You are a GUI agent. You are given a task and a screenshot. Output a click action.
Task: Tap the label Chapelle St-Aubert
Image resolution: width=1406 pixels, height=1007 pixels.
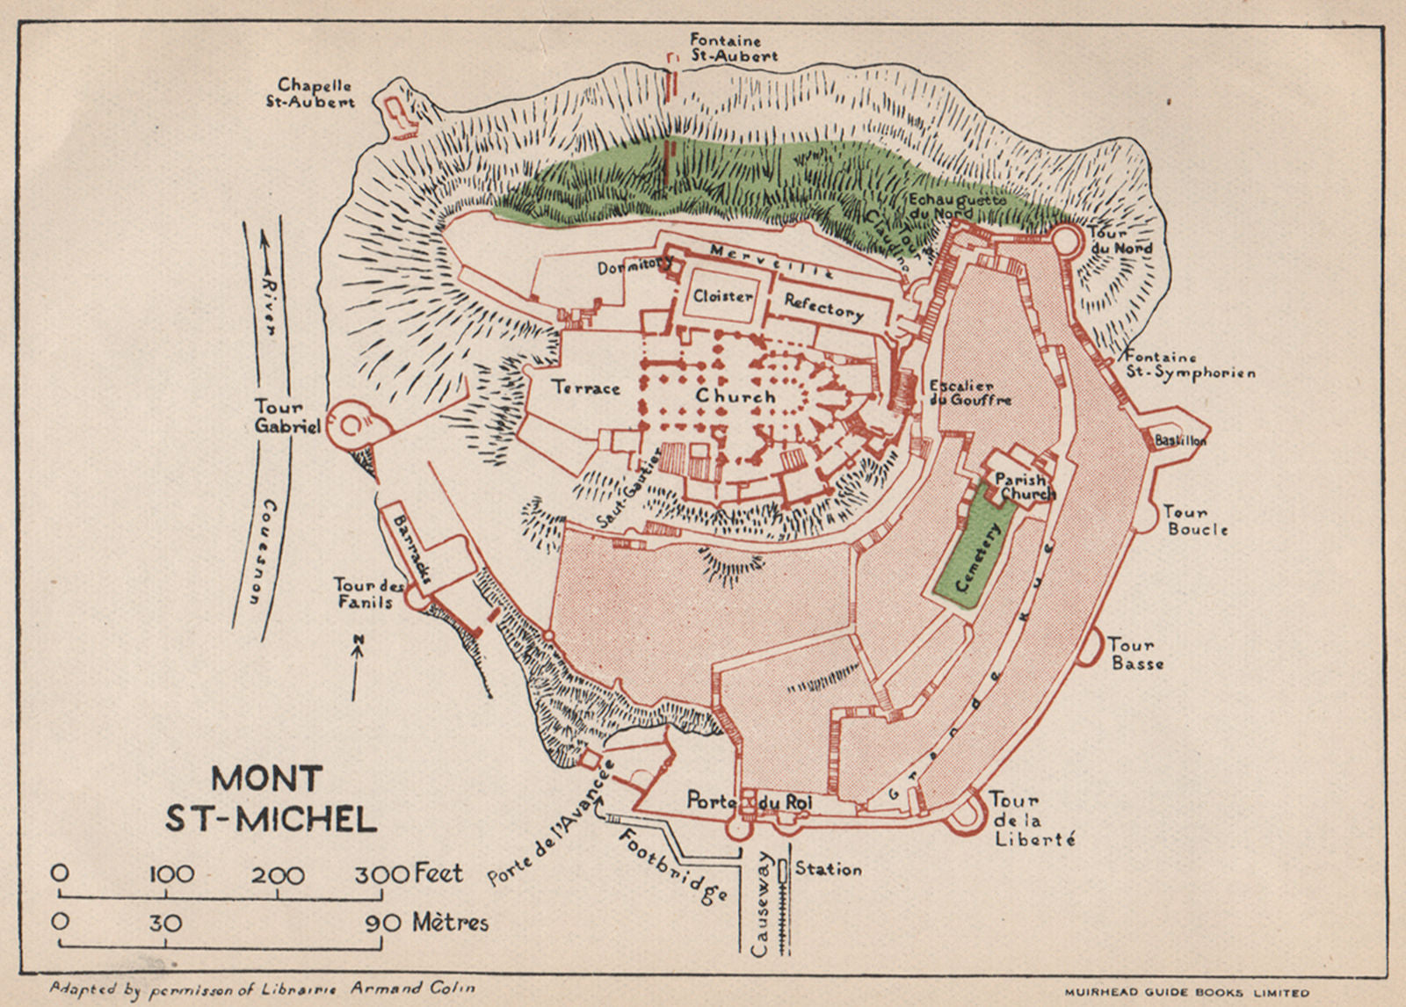pyautogui.click(x=315, y=93)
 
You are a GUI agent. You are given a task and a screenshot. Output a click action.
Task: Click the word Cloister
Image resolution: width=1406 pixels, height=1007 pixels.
pyautogui.click(x=722, y=296)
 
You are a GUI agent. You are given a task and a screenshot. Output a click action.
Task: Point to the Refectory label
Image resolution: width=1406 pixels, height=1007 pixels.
pyautogui.click(x=823, y=308)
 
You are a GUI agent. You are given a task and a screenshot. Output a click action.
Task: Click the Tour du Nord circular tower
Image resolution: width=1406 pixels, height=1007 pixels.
pyautogui.click(x=1067, y=238)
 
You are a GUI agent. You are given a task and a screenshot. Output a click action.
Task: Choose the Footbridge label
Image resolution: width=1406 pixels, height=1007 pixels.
pyautogui.click(x=672, y=866)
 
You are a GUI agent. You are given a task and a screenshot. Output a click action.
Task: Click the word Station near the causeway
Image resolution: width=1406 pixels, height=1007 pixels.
pyautogui.click(x=828, y=869)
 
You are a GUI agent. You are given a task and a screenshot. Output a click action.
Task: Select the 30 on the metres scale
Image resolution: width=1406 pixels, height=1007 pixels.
pyautogui.click(x=164, y=923)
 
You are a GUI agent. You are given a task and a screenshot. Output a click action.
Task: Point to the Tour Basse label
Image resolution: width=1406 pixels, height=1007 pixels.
pyautogui.click(x=1135, y=654)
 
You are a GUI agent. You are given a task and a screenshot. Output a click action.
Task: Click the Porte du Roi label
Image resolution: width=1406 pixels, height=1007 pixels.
pyautogui.click(x=749, y=801)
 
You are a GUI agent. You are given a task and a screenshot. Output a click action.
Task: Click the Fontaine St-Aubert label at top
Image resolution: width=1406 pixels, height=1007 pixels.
pyautogui.click(x=733, y=47)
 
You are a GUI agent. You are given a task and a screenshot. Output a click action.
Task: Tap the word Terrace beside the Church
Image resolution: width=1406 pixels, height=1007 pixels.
pyautogui.click(x=585, y=388)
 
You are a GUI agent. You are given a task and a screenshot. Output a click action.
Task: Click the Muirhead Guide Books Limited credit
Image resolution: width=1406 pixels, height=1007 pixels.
pyautogui.click(x=1186, y=993)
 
